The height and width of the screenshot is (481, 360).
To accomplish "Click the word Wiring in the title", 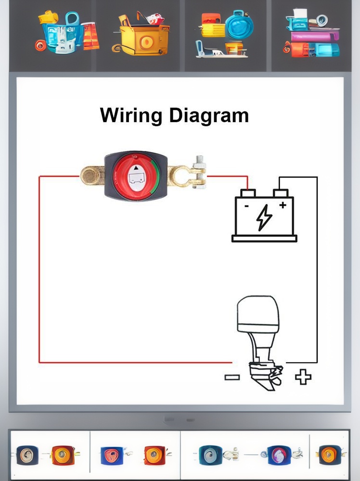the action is [x=131, y=115].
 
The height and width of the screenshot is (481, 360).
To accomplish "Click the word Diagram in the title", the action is [x=209, y=115].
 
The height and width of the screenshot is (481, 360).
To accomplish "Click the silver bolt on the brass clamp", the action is [x=199, y=172].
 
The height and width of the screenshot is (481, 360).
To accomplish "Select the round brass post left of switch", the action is [x=90, y=176].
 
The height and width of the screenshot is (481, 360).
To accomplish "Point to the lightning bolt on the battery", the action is [x=264, y=217].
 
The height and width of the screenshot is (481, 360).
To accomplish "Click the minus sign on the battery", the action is [x=246, y=206].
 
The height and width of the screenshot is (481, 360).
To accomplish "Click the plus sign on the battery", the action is [x=283, y=205].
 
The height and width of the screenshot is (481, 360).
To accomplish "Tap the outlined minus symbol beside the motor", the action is [x=232, y=377].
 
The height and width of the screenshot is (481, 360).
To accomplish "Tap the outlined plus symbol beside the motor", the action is [x=303, y=377].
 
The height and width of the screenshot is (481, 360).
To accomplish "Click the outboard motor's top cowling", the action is [x=258, y=314].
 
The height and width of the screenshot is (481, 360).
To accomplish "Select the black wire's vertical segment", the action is [x=317, y=270].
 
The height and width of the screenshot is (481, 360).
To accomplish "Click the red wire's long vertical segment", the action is [x=39, y=269].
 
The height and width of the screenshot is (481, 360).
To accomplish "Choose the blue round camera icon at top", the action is [x=239, y=25].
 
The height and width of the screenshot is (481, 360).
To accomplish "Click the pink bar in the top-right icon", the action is [x=315, y=37].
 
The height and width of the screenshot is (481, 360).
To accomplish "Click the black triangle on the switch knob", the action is [x=136, y=168].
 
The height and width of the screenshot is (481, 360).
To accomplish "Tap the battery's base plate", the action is [x=264, y=239].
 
